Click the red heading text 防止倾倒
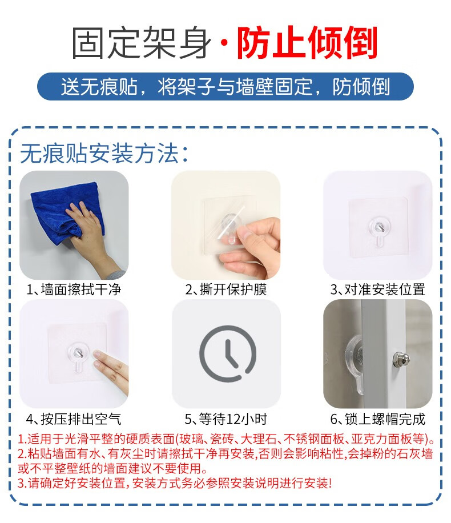pos(307,43)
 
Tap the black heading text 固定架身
pos(142,43)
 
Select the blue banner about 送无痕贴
pos(226,86)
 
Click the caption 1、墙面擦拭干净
pos(74,289)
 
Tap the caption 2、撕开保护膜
pos(226,289)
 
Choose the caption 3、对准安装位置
pos(377,289)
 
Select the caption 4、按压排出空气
pos(74,419)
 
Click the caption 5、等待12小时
pos(226,419)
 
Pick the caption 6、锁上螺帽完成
pos(377,419)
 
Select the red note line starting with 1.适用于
pos(226,439)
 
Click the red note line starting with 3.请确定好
pos(175,483)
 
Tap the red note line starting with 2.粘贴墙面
pos(225,454)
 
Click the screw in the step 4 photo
pos(78,351)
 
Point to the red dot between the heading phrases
pos(224,43)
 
